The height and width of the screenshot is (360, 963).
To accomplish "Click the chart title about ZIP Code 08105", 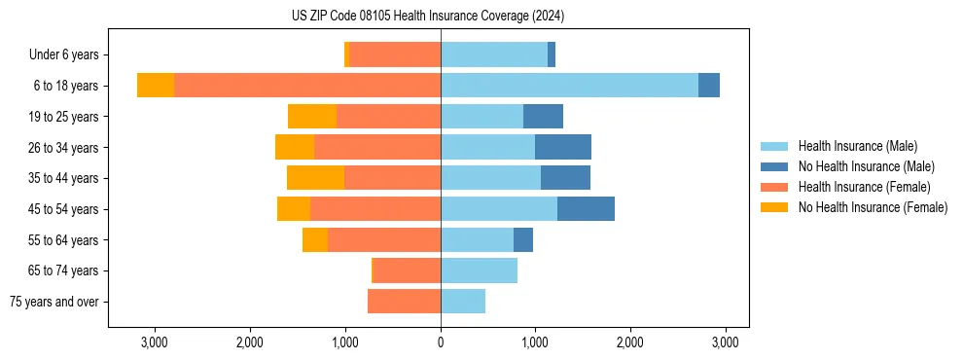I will (x=428, y=17).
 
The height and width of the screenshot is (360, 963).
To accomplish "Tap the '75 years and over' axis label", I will (x=53, y=302).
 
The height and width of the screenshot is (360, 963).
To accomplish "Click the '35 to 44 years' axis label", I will (x=64, y=178).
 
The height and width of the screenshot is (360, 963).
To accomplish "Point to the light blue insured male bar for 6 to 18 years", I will (x=569, y=86).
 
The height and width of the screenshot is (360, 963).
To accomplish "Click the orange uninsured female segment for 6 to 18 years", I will (x=156, y=86).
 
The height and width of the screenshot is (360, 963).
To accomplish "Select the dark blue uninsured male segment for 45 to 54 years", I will (x=586, y=209).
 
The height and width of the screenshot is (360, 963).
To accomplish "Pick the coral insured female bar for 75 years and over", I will (x=404, y=302).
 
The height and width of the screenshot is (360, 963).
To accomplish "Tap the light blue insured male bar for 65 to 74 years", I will (x=479, y=270).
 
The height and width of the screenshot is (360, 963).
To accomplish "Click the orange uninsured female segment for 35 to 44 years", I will (x=316, y=178).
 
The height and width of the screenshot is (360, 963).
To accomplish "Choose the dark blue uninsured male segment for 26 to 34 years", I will (x=563, y=147).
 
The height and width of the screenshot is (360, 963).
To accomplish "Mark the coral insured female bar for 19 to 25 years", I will (x=388, y=117).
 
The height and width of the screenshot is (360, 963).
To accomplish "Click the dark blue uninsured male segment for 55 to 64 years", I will (x=523, y=239).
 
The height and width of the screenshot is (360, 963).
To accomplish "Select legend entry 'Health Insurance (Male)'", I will (x=857, y=146).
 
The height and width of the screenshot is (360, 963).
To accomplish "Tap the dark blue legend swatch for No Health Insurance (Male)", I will (x=774, y=166).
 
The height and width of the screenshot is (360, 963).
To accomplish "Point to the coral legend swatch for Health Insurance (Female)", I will (x=774, y=187).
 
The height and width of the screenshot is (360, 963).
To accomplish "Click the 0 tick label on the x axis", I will (x=441, y=342).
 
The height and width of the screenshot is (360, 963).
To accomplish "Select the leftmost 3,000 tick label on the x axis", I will (x=155, y=342).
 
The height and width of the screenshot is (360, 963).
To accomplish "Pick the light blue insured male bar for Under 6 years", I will (x=494, y=55).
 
